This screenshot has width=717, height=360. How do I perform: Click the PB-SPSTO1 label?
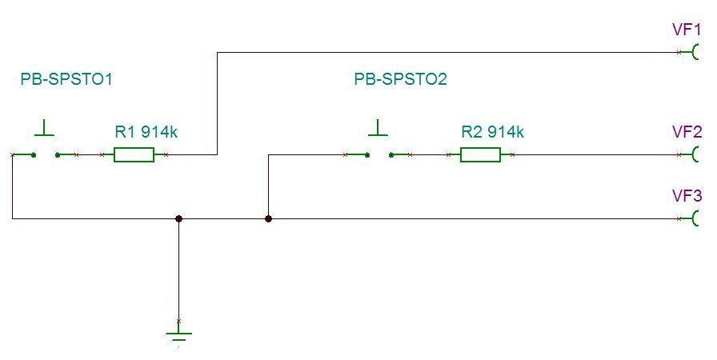[67, 79]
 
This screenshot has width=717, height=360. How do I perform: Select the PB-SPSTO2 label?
[400, 79]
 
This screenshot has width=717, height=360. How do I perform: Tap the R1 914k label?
[146, 132]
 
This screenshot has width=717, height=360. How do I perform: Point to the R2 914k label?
[492, 132]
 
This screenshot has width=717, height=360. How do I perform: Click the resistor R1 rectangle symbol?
[134, 154]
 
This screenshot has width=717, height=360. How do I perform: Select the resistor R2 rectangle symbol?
[480, 154]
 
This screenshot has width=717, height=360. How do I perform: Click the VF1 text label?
[687, 30]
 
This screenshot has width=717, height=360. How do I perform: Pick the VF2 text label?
[687, 132]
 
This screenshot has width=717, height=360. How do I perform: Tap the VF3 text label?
[687, 196]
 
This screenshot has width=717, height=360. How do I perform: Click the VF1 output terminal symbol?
[697, 53]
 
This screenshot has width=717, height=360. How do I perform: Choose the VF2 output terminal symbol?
[697, 154]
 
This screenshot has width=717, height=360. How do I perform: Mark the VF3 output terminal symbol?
[697, 218]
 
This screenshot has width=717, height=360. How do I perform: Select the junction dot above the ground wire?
[178, 218]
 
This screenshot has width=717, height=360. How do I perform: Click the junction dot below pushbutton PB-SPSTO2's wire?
[268, 218]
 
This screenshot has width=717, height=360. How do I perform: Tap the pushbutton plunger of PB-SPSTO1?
[45, 128]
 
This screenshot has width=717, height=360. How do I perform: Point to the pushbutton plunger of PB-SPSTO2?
[378, 128]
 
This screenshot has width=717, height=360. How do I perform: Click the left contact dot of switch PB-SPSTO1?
[34, 154]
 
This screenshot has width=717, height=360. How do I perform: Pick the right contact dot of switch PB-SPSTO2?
[391, 154]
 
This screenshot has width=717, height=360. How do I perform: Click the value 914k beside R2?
[506, 132]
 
